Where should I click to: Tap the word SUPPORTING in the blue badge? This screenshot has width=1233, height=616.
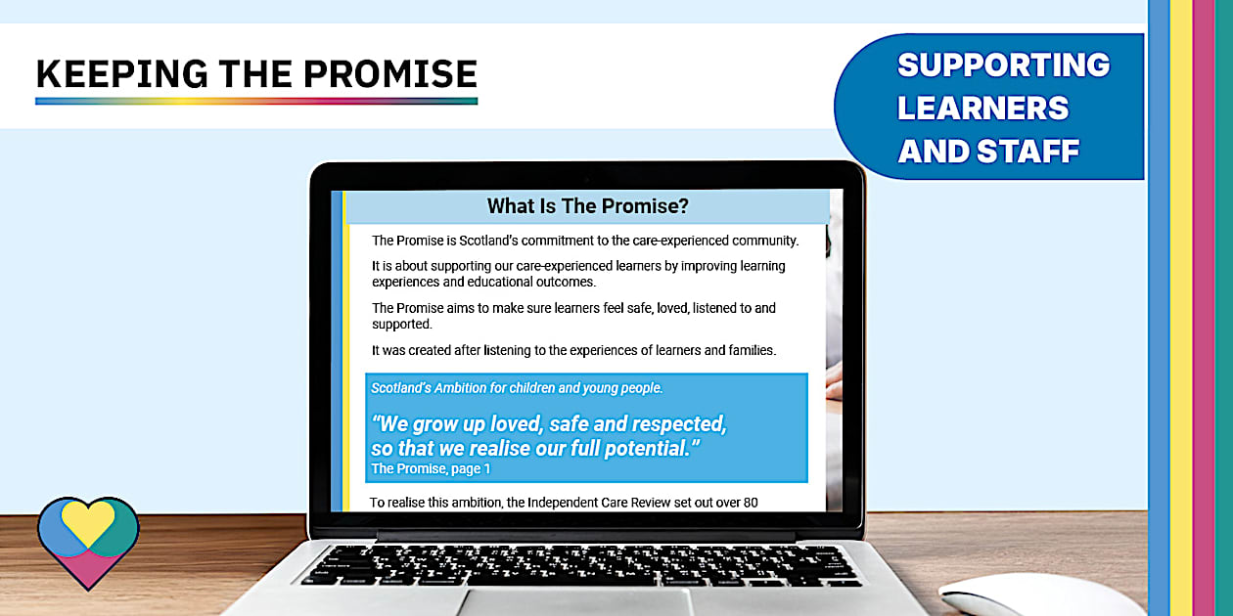[1003, 65]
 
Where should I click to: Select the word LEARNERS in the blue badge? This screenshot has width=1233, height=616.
[983, 108]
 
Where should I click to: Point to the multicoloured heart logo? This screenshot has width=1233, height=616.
[88, 540]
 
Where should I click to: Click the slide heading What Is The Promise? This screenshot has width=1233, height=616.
[587, 206]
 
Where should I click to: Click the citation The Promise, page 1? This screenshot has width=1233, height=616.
[431, 469]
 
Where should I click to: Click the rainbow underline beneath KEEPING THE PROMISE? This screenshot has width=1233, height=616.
[256, 100]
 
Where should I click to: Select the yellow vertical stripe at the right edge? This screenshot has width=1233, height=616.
[1181, 308]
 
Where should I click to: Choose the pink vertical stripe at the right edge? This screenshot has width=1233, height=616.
[1203, 308]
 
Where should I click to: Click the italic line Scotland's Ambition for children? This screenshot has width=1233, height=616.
[517, 388]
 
